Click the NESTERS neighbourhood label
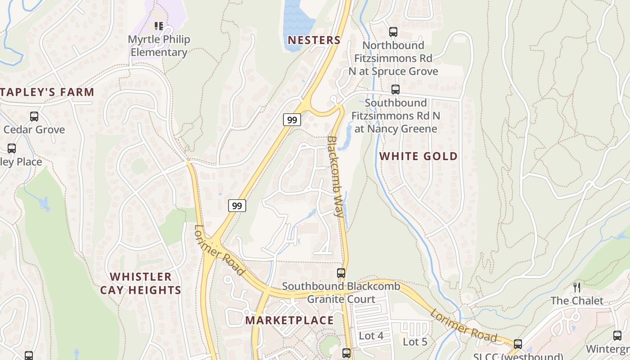pos(314,40)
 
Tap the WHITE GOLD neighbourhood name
pos(418,156)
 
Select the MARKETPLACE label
pos(290,320)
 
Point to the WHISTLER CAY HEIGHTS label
pos(140,283)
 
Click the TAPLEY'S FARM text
pos(47,92)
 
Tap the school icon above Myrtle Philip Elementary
pos(158,26)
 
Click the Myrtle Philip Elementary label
pos(158,46)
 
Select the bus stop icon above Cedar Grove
pos(34,117)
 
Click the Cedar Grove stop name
pos(34,130)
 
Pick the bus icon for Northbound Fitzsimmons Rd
pos(393,32)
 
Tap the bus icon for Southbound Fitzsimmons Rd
pos(396,90)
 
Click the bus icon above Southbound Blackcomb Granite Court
pos(341,273)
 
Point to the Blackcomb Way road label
pos(336,176)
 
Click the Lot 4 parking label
pos(371,336)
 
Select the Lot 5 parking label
pos(415,342)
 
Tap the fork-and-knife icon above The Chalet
pos(577,287)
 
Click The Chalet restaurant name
pos(577,301)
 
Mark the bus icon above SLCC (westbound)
pos(518,344)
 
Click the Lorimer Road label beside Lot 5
pos(463,325)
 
